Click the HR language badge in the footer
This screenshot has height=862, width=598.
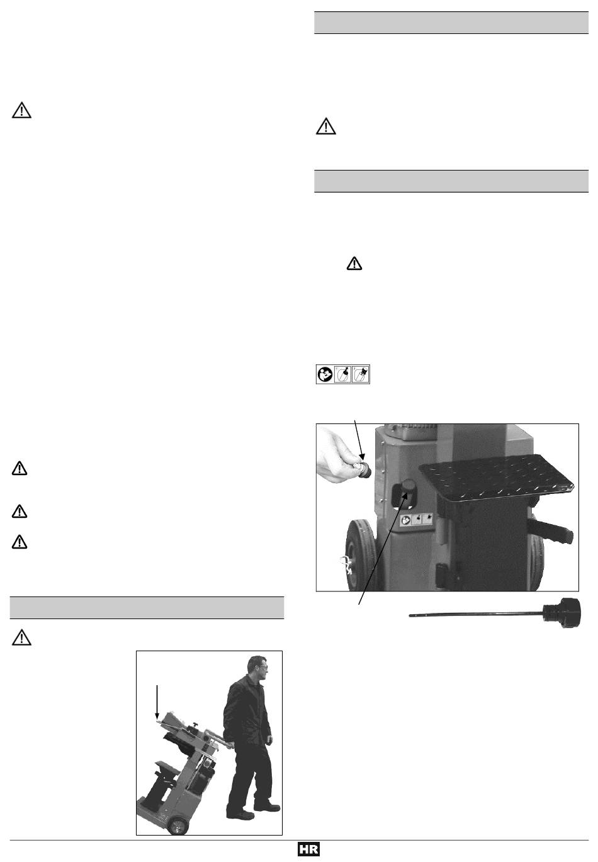[x=308, y=849]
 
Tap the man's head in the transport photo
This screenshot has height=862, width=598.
[x=257, y=668]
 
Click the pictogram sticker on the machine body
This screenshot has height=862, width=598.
[x=416, y=520]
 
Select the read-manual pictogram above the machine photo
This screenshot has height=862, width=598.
[x=325, y=374]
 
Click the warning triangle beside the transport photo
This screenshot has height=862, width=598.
[x=21, y=637]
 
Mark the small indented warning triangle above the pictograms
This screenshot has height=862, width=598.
[x=354, y=264]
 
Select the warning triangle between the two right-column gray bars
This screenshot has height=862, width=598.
[x=326, y=126]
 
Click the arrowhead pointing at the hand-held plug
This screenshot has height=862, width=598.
[x=361, y=457]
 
